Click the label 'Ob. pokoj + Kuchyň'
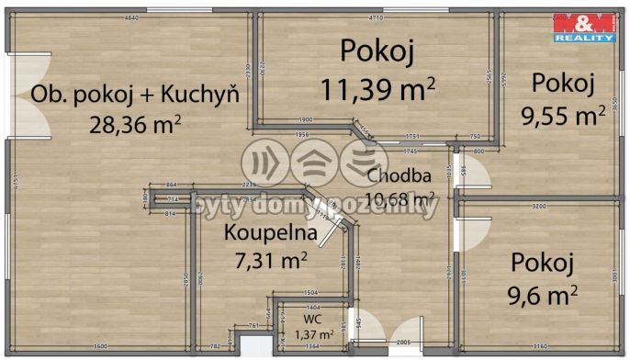pyautogui.click(x=135, y=94)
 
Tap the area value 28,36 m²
pyautogui.click(x=134, y=122)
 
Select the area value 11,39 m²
pyautogui.click(x=377, y=89)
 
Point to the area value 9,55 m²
pyautogui.click(x=562, y=115)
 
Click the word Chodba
pyautogui.click(x=395, y=176)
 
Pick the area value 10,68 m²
pyautogui.click(x=400, y=197)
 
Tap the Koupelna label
pyautogui.click(x=272, y=233)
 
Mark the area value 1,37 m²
pyautogui.click(x=312, y=334)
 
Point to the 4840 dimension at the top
pyautogui.click(x=131, y=18)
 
